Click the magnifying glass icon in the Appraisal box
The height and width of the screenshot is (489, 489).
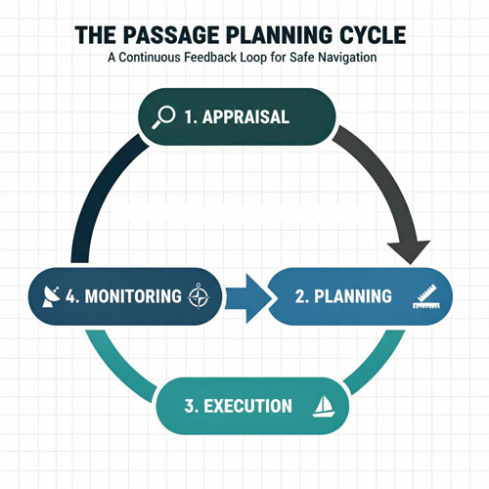(x=165, y=116)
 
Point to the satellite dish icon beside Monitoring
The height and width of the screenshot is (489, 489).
(x=51, y=295)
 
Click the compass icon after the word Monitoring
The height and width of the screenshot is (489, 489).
(x=199, y=295)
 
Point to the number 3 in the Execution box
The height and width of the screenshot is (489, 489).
(x=191, y=405)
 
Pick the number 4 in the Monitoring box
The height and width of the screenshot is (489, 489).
(x=72, y=295)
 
